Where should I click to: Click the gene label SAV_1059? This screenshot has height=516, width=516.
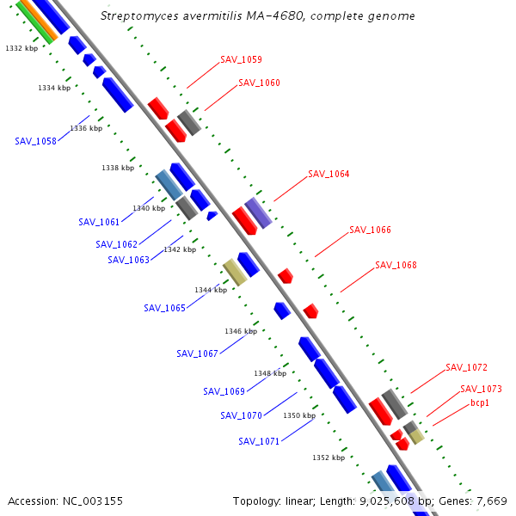(x=241, y=60)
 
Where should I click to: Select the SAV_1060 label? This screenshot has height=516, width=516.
(x=259, y=83)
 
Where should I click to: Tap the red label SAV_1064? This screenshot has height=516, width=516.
(x=329, y=174)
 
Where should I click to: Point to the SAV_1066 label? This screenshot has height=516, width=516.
(x=370, y=230)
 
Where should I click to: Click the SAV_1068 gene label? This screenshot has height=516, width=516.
(x=396, y=265)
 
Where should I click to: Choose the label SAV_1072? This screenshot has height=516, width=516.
(x=466, y=367)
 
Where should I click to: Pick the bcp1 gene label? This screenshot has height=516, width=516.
(x=480, y=402)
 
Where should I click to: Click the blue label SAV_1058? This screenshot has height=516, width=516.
(x=35, y=141)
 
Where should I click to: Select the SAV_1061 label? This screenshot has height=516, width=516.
(x=99, y=222)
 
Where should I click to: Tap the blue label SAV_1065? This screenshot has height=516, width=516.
(x=164, y=308)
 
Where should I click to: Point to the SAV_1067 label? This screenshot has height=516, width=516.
(x=197, y=353)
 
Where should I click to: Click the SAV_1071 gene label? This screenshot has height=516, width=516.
(x=259, y=442)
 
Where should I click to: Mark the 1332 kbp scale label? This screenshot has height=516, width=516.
(x=21, y=49)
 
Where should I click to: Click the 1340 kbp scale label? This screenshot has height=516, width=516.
(x=150, y=209)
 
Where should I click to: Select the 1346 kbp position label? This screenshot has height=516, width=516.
(x=241, y=331)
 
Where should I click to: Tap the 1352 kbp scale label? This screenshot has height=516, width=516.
(x=329, y=458)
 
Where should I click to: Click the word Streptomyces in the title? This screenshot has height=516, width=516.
(x=137, y=16)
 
